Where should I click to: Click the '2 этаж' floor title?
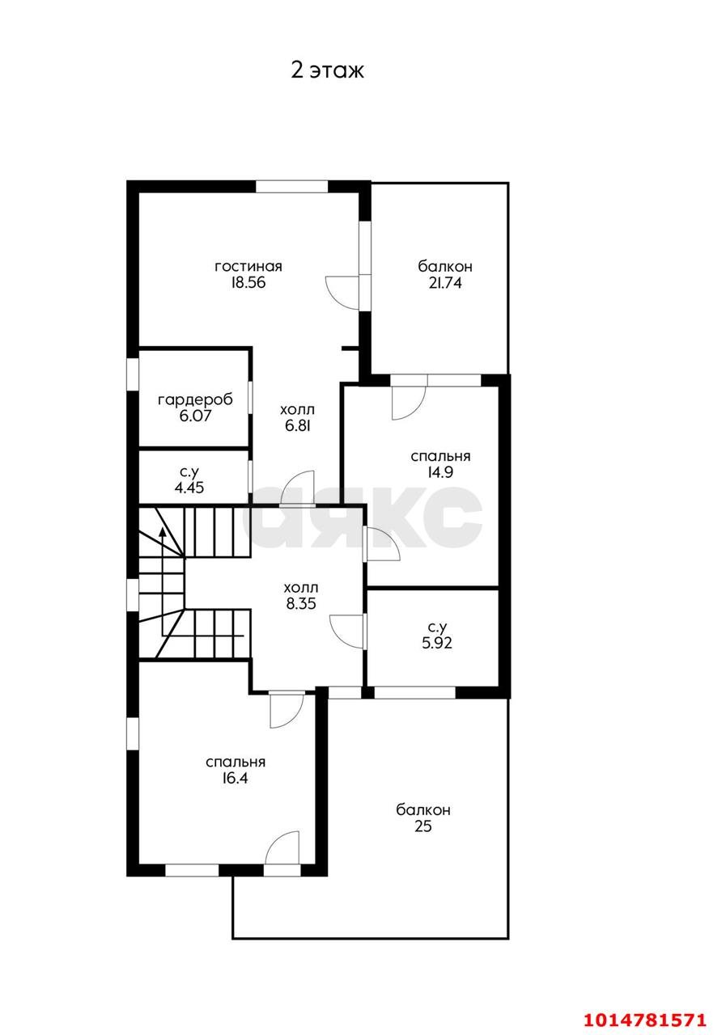coord(327,70)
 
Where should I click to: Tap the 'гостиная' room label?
coord(248,267)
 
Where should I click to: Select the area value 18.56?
coord(248,283)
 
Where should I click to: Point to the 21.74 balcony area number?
coord(445,283)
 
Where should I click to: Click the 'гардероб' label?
coord(195,400)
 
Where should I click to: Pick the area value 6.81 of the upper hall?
coord(297,425)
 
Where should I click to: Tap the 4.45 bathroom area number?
coord(189,488)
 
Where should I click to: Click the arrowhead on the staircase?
coord(163,532)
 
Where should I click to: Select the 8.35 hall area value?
coord(301,603)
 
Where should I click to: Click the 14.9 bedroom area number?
coord(440,472)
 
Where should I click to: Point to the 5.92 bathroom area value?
coord(436,643)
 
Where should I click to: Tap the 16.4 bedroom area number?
coord(235,778)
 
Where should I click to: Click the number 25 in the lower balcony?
coord(423,826)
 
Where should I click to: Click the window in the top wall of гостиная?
coord(292,186)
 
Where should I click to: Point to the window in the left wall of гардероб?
coord(133,374)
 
